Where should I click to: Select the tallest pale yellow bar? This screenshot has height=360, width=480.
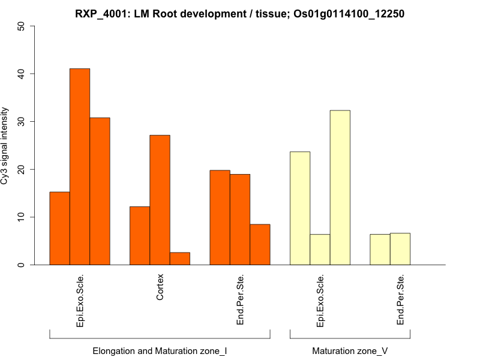coord(340,187)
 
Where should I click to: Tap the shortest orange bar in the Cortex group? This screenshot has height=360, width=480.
coord(180,259)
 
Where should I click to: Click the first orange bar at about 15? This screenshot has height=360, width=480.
coord(59,228)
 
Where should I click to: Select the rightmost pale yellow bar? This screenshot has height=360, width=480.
coord(400,249)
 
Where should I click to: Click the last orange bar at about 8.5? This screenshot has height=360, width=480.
coord(260,244)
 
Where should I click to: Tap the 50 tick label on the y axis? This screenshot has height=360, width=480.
coord(22,26)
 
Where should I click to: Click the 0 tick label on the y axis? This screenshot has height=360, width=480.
coord(22,265)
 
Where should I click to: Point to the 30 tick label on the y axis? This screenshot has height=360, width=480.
coord(22,122)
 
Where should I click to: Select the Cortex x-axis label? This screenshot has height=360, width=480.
coord(160,287)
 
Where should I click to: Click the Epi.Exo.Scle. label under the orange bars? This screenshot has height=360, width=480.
coord(80,301)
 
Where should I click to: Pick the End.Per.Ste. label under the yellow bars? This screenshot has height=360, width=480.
coord(401,301)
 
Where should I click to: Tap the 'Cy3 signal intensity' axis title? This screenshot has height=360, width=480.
coord(5,146)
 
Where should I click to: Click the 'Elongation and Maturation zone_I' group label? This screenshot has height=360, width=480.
coord(160,350)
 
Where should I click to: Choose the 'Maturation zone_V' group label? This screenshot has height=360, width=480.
coord(350,350)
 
